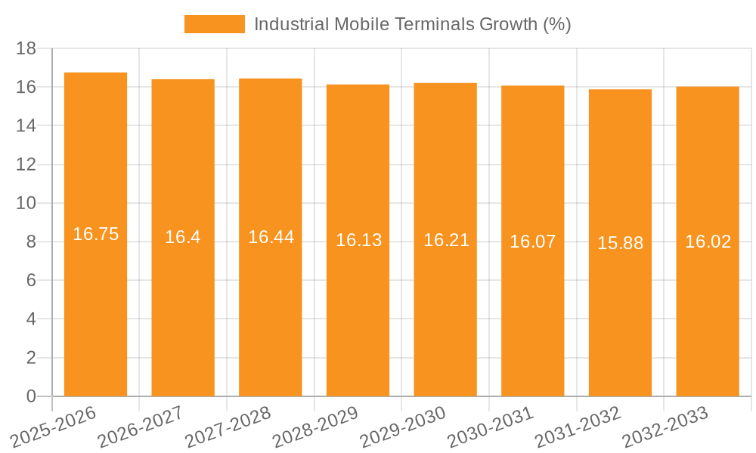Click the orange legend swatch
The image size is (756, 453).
(215, 24)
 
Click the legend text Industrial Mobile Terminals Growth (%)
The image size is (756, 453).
(412, 24)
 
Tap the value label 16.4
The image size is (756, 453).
(183, 237)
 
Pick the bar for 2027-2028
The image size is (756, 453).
(271, 302)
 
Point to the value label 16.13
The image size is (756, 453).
(358, 240)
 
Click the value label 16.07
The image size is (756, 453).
(532, 242)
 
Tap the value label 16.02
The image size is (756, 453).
(708, 242)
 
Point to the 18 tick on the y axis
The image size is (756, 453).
(26, 48)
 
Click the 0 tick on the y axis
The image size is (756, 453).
(31, 396)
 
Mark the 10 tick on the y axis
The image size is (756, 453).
(26, 203)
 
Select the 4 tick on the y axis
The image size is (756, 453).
(31, 319)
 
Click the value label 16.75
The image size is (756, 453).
(95, 234)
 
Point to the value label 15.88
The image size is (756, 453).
(620, 243)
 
